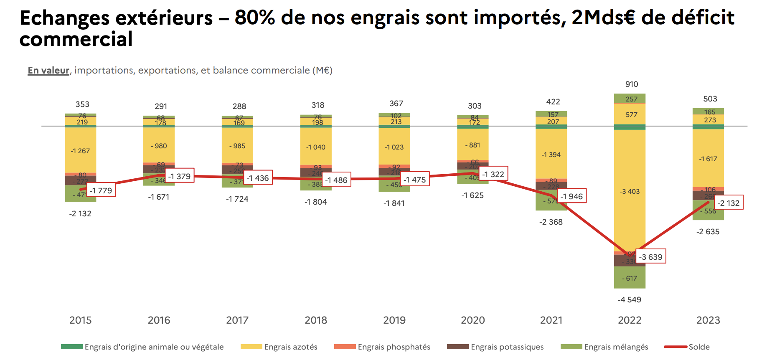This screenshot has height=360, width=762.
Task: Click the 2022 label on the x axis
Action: click(x=630, y=320)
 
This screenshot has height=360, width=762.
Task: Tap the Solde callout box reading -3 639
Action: click(x=650, y=257)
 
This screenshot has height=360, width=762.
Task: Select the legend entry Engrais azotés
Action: click(x=290, y=347)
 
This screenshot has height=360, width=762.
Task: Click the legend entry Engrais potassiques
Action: click(x=507, y=347)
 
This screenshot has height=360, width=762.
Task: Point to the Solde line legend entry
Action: click(x=698, y=347)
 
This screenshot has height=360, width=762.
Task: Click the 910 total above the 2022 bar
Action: click(x=631, y=84)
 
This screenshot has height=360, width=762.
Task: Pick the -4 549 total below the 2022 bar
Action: click(x=630, y=300)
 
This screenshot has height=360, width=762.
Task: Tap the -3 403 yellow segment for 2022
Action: click(x=630, y=192)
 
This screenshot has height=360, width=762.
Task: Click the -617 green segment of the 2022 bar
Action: click(x=630, y=278)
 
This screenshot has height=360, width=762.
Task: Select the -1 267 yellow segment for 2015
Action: click(x=80, y=151)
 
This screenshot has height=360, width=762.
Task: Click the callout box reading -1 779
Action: click(x=101, y=190)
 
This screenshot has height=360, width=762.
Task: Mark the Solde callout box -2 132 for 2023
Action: click(x=728, y=203)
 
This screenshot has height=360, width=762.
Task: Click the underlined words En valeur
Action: click(x=48, y=71)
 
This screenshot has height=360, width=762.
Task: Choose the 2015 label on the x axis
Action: click(x=80, y=320)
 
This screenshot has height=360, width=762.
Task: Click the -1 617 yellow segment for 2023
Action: click(x=708, y=159)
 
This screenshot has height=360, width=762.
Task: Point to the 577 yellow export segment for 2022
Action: click(x=631, y=114)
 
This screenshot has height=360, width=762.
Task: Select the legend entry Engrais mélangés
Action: click(x=616, y=347)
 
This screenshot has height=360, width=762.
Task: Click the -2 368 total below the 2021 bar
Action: click(x=551, y=222)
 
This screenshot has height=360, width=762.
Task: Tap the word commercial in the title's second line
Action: click(x=76, y=40)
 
